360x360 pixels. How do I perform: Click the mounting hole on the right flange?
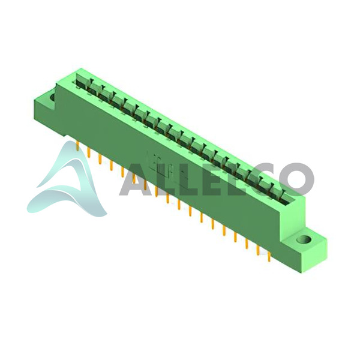point(304,239)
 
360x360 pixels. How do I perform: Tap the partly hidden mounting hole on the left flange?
point(52,97)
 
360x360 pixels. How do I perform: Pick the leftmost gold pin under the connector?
point(78,146)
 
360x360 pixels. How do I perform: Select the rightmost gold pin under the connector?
point(269,257)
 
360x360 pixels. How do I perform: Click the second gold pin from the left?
point(89,152)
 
